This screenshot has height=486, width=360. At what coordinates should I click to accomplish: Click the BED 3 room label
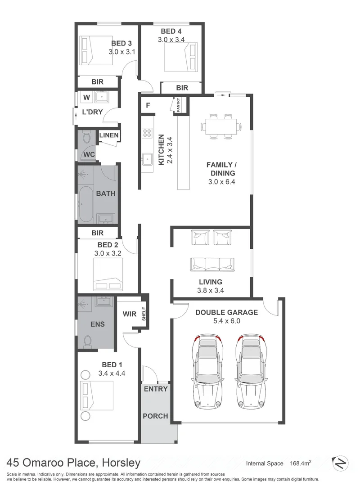[x=121, y=44]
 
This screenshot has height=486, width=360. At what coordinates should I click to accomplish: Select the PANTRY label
[x=178, y=104]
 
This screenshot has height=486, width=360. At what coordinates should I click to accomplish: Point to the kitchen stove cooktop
[x=147, y=133]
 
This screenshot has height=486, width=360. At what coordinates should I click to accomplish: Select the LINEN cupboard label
[x=108, y=135]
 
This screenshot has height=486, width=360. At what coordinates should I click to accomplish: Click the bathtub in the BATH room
[x=85, y=204]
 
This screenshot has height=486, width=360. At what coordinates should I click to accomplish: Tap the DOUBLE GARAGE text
[x=226, y=312]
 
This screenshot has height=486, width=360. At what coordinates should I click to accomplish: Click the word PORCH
[x=155, y=416]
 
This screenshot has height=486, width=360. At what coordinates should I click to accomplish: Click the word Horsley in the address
[x=121, y=463]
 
